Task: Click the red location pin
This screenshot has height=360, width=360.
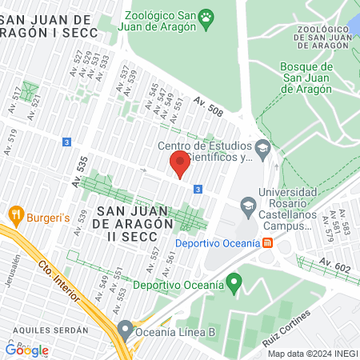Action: coord(179,166)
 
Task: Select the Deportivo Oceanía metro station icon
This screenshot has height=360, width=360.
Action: coord(268,242)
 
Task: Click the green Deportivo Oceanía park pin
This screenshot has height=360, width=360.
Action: coord(234,282)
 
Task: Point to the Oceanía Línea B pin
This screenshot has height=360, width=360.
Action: coord(125,329)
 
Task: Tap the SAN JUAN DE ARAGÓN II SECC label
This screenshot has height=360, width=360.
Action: coord(133,217)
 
